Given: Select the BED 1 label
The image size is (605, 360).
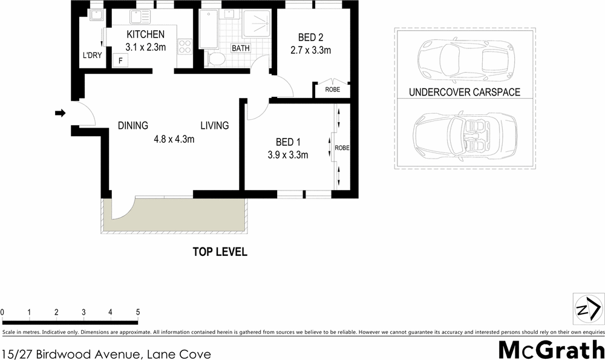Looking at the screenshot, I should tap(289, 142).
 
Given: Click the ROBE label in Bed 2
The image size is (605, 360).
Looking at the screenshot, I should tap(333, 90).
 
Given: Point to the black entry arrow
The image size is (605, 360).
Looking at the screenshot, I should tap(60, 113).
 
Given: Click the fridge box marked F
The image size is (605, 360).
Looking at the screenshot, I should tap(121, 61).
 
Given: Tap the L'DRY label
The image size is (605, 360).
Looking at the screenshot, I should tap(91, 56).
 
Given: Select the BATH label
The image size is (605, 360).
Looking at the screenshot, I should tap(241, 48).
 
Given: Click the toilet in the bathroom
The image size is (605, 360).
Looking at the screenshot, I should tap(215, 59).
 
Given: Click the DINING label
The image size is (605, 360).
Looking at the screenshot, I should tap(133, 126).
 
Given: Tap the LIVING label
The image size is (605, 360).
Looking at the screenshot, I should tap(215, 126).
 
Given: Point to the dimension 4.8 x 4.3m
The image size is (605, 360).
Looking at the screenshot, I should tap(174, 139).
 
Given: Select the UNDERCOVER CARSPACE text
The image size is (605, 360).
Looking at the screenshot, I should tap(465, 93).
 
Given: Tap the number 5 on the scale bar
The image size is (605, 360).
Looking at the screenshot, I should tap(138, 312).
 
